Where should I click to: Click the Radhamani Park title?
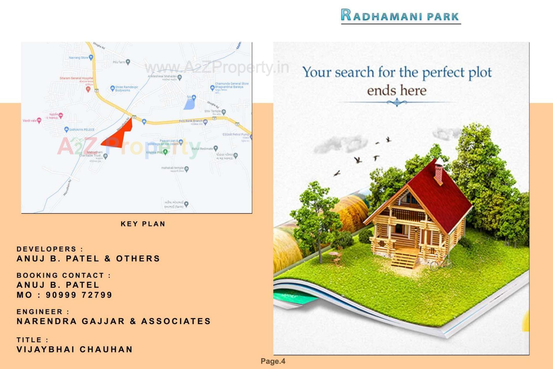click(x=400, y=16)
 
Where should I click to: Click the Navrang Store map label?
click(x=79, y=58)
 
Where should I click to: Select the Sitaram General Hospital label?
click(x=76, y=78)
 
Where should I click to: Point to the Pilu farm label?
click(x=119, y=62)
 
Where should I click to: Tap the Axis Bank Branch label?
click(x=190, y=121)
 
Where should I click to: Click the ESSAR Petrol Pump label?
click(x=236, y=134)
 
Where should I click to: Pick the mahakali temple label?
click(x=172, y=168)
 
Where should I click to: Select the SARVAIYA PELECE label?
click(x=82, y=130)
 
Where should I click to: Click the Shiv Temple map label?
click(x=213, y=111)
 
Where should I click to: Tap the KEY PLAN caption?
click(x=143, y=224)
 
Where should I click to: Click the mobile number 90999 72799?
click(x=79, y=295)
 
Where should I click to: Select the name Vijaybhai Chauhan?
click(x=75, y=349)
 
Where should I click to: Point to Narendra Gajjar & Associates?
click(x=114, y=321)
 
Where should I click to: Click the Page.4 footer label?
click(x=273, y=361)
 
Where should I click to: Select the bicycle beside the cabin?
click(x=441, y=263)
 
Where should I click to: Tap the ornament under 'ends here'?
click(x=397, y=102)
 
